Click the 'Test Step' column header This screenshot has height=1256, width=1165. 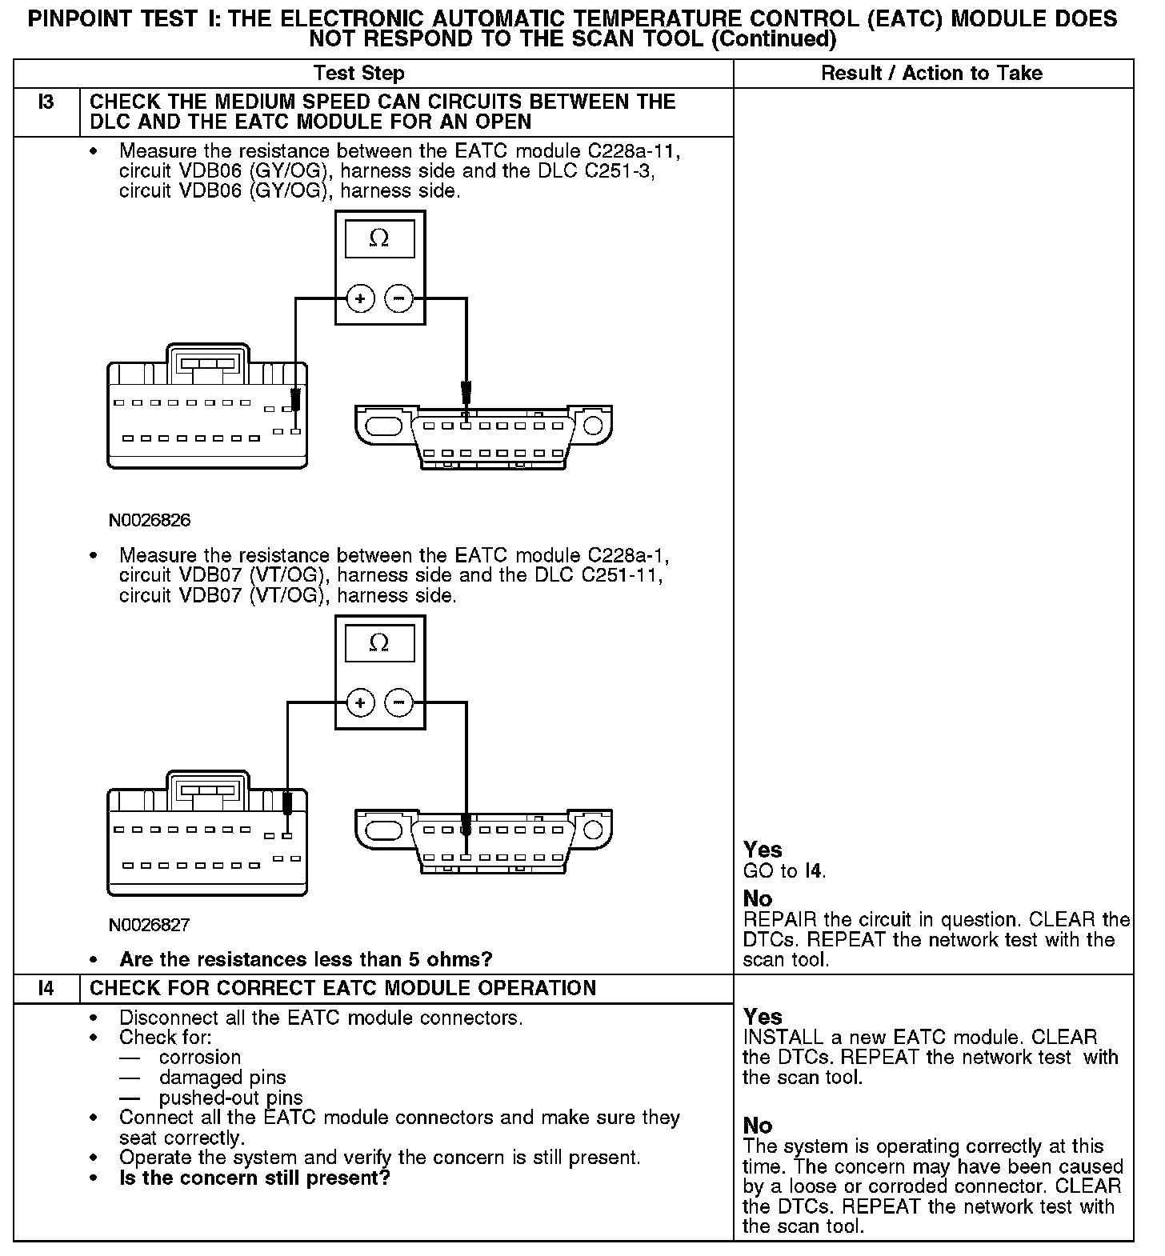point(359,74)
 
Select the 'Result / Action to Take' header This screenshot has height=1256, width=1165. point(931,74)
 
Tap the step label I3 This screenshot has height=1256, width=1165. point(46,102)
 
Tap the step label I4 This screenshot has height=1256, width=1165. point(46,988)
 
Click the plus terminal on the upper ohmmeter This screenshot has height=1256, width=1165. point(361,299)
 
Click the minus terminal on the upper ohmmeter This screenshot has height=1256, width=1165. point(398,299)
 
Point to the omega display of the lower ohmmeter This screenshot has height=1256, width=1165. point(380,643)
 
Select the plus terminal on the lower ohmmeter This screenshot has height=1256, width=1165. point(361,703)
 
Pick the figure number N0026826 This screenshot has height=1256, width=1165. point(150,521)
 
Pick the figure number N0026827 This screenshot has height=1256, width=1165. point(150,926)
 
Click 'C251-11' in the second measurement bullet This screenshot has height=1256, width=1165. point(625,575)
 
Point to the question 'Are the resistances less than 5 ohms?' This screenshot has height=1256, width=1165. point(306,959)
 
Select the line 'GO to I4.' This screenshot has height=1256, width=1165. point(784,870)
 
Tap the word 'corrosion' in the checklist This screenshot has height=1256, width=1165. point(200,1058)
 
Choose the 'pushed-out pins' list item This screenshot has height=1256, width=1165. point(230,1098)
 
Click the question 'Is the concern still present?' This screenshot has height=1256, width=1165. point(254,1178)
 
